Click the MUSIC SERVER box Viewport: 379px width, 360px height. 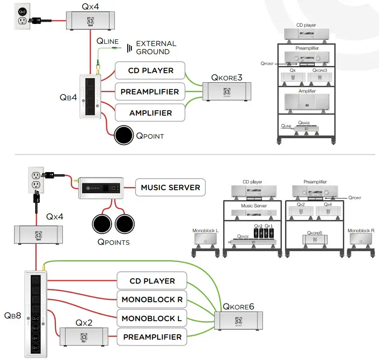pyautogui.click(x=170, y=187)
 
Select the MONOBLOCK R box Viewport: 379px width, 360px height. pyautogui.click(x=151, y=299)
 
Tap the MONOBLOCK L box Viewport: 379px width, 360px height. pyautogui.click(x=151, y=318)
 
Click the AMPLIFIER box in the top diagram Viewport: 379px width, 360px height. pyautogui.click(x=150, y=113)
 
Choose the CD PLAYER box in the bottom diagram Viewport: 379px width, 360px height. pyautogui.click(x=152, y=281)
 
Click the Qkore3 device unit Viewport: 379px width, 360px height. pyautogui.click(x=226, y=93)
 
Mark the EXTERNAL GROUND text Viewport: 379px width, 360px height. pyautogui.click(x=156, y=47)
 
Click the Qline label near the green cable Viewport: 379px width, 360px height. pyautogui.click(x=108, y=41)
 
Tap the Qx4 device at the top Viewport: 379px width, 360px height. pyautogui.click(x=89, y=20)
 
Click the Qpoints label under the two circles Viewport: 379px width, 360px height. pyautogui.click(x=114, y=242)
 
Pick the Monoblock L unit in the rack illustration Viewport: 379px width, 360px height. pyautogui.click(x=205, y=241)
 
